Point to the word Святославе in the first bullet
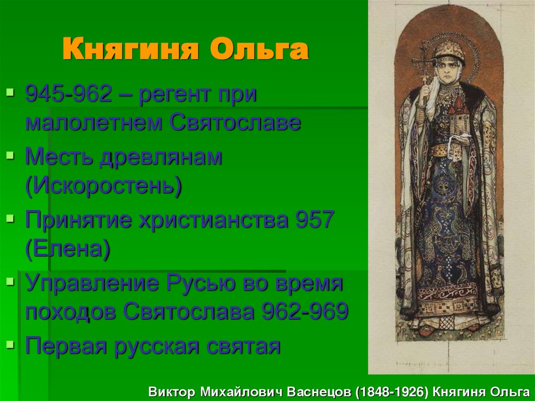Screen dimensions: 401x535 coord(235,123)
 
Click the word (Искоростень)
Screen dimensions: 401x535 coord(103,186)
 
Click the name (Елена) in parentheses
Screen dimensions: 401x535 coord(67,249)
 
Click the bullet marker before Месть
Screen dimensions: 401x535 coord(9,156)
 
